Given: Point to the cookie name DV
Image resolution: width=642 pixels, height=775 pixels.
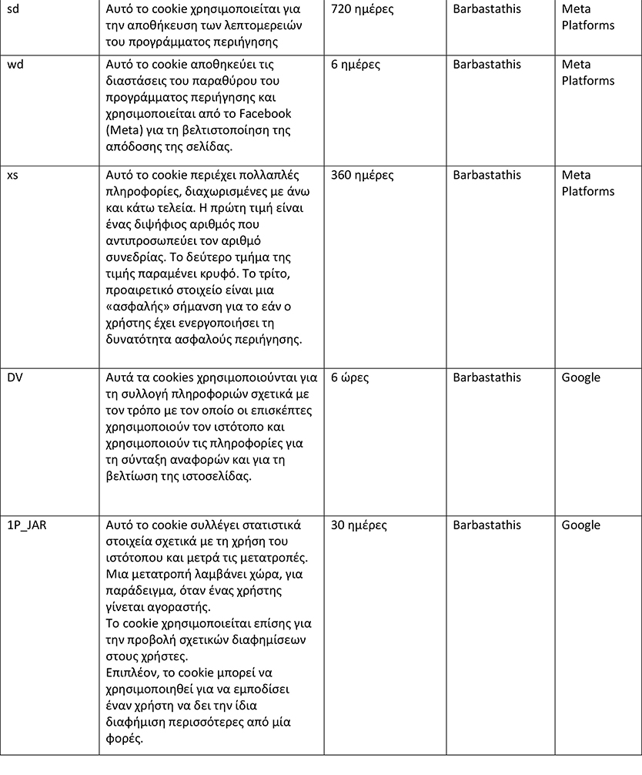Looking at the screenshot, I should [x=15, y=377].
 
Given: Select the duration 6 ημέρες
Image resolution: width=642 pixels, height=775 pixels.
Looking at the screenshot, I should [x=356, y=65].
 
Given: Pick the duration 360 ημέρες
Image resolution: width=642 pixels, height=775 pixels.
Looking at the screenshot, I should [x=362, y=176].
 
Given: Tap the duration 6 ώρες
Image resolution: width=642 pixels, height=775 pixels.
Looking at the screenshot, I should [x=353, y=377].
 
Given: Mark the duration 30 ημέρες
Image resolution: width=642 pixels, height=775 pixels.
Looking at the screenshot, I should [x=359, y=525].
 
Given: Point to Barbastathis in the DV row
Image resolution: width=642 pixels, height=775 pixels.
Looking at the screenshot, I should [x=487, y=377].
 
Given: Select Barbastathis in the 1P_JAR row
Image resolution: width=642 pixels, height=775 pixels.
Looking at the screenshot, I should [x=487, y=525].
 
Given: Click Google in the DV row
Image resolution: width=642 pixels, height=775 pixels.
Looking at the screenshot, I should [x=581, y=377].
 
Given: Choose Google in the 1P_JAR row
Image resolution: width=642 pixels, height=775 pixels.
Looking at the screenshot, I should [x=581, y=525].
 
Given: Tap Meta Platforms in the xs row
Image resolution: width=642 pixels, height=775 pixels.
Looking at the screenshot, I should [x=588, y=183].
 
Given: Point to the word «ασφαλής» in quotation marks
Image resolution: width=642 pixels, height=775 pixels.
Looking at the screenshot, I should [x=136, y=307].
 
